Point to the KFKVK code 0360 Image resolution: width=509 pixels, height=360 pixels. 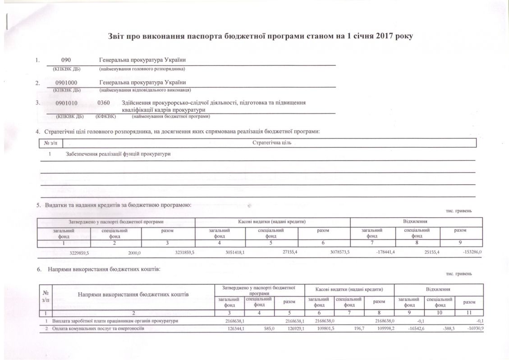(104, 103)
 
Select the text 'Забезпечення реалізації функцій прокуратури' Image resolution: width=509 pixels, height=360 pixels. (118, 154)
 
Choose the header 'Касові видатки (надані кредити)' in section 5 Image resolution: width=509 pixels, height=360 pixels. (272, 222)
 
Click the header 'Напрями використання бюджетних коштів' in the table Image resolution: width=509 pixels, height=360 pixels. (133, 294)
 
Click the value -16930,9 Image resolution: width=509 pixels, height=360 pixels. (474, 328)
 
